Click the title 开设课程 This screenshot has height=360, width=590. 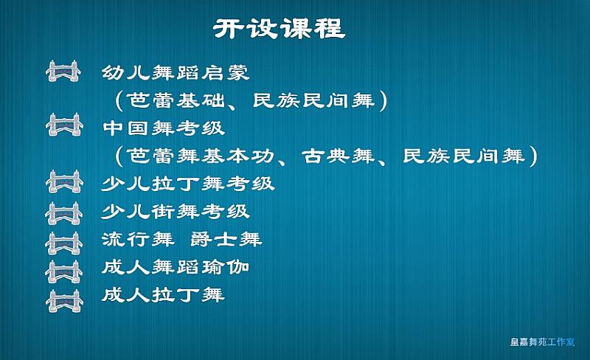[280, 28]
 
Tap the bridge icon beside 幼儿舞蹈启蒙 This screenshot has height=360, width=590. [63, 71]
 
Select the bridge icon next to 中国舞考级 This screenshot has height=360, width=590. [64, 125]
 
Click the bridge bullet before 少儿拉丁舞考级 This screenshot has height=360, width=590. [64, 181]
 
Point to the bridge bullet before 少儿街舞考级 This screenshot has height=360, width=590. [63, 213]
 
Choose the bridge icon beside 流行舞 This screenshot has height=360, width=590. [63, 243]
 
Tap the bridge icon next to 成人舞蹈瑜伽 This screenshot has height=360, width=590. [63, 271]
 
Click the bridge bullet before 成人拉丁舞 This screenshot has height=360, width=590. [64, 301]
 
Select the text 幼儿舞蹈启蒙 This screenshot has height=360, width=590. [176, 73]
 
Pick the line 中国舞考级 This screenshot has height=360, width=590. [164, 128]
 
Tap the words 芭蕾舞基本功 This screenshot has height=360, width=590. [200, 156]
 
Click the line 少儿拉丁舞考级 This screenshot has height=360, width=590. [188, 184]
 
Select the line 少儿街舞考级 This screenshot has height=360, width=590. [176, 212]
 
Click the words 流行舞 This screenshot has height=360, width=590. [138, 239]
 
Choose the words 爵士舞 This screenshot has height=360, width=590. [226, 239]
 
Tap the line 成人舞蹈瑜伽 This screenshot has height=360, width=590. [176, 267]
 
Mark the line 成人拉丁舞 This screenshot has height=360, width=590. [163, 294]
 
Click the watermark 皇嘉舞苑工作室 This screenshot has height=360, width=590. [542, 342]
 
